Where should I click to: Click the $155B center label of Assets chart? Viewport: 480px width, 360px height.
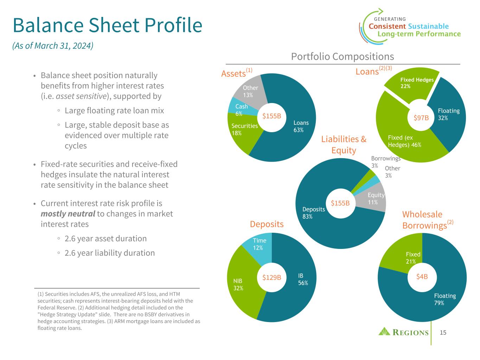[272, 116]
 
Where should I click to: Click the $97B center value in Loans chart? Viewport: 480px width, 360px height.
[421, 118]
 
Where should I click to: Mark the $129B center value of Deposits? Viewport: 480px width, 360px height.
[272, 277]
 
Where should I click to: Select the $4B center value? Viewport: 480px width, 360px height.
[422, 277]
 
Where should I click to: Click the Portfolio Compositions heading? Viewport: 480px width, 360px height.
[343, 57]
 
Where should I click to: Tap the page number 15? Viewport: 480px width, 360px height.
[443, 333]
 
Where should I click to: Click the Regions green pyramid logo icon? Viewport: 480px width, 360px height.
[384, 331]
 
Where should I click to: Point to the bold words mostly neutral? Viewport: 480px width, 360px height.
[68, 214]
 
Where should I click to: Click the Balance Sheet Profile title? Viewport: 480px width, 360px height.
[107, 25]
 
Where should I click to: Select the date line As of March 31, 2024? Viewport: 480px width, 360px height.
[53, 46]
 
